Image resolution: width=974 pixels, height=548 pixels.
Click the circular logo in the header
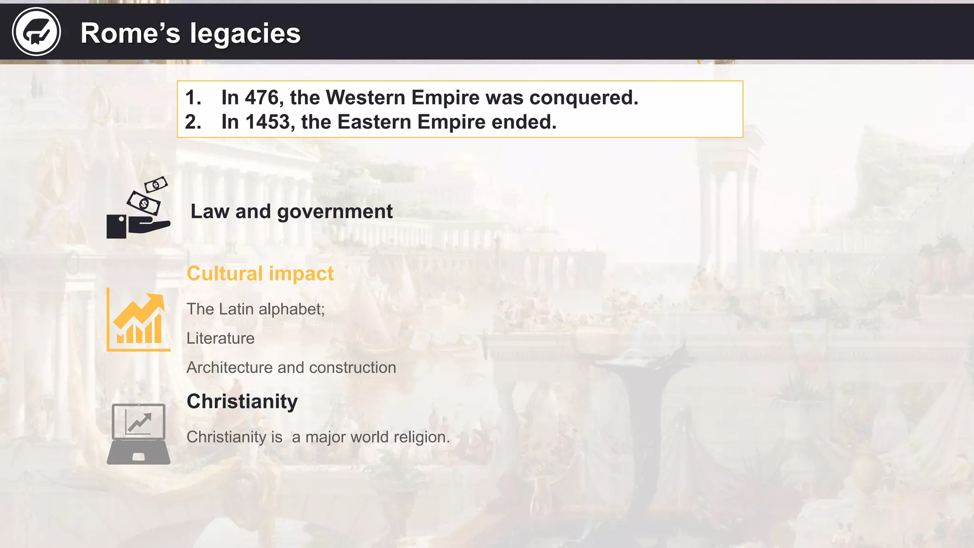point(36,32)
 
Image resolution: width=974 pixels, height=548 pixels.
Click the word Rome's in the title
point(130,33)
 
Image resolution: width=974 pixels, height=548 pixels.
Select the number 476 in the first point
point(262,98)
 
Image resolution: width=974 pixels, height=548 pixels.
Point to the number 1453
point(268,122)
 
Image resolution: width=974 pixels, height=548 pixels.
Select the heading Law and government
point(292,211)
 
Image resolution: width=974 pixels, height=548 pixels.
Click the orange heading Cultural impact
point(260,274)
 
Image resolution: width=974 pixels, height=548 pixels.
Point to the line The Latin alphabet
point(255,309)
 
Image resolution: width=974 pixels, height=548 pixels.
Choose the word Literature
point(220,338)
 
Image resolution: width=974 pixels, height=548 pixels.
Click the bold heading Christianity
point(242,401)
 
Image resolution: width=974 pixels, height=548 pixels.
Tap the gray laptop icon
point(138,434)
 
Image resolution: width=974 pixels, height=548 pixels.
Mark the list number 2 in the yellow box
point(193,122)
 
